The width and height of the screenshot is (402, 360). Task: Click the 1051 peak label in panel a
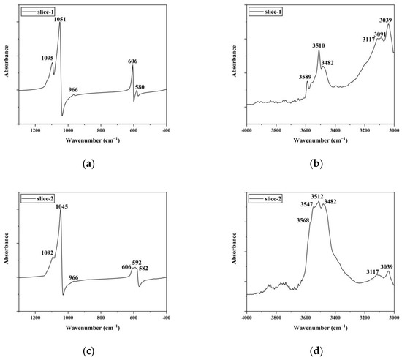tap(58, 19)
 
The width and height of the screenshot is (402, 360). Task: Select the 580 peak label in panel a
tap(140, 87)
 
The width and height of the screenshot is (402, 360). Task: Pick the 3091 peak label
tap(380, 34)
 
